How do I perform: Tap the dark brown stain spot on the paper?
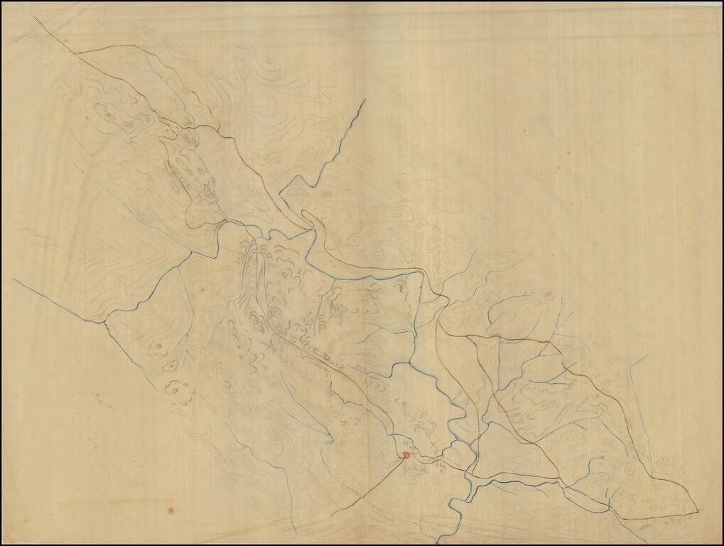coord(171,509)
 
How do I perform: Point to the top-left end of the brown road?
coord(33,19)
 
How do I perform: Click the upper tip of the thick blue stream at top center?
coord(364,100)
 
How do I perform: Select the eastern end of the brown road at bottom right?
coord(697,510)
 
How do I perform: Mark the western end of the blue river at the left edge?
coord(13,279)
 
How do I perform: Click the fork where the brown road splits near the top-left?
coord(76,53)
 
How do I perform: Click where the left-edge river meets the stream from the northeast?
coord(104,321)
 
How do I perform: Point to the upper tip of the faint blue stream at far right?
coord(645,355)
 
